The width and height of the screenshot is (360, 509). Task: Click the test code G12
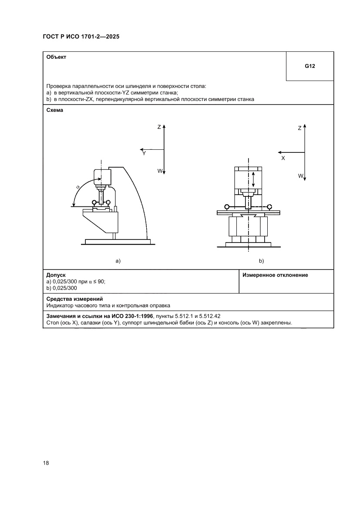[x=310, y=67]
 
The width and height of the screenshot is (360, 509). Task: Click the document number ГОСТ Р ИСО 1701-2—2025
[x=81, y=37]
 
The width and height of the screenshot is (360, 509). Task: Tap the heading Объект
[x=56, y=57]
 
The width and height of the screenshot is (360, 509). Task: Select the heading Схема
[x=55, y=110]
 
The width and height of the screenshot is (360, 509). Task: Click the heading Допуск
[x=56, y=275]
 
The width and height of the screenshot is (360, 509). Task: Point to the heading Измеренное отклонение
[x=275, y=275]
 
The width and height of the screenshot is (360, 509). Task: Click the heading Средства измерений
[x=74, y=299]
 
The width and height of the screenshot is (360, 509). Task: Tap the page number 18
[x=46, y=463]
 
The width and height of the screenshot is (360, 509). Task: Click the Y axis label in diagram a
[x=144, y=153]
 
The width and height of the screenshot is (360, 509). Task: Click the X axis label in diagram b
[x=283, y=158]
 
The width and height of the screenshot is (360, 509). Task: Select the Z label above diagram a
[x=159, y=127]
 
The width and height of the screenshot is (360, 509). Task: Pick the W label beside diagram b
[x=300, y=176]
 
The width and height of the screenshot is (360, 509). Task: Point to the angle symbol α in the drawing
[x=78, y=187]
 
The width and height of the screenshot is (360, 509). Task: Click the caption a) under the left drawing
[x=118, y=261]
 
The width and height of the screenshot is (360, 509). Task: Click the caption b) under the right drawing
[x=261, y=261]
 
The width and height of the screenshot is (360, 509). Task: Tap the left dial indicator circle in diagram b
[x=227, y=206]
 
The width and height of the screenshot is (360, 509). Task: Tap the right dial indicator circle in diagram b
[x=270, y=206]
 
